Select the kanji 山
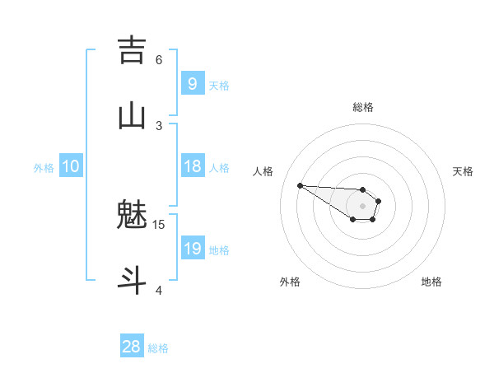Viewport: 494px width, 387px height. click(132, 115)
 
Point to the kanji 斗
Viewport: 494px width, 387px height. click(132, 279)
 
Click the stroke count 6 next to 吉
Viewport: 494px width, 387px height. click(159, 59)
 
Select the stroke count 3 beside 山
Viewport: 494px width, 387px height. click(159, 125)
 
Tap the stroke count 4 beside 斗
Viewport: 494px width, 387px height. click(159, 290)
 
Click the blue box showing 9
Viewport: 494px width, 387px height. click(192, 83)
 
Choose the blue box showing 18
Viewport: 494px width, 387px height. click(192, 166)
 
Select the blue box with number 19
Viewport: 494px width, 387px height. click(192, 249)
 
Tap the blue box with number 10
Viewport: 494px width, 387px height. click(71, 166)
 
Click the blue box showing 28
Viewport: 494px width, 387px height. click(132, 347)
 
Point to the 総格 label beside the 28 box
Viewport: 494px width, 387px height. click(158, 348)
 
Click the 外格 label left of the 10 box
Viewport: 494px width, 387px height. click(44, 168)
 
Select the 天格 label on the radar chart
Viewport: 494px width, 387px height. click(463, 171)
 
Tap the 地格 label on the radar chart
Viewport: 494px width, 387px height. click(431, 282)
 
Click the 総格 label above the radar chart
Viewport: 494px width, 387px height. click(363, 107)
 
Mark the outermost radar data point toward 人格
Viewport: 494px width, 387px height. click(300, 185)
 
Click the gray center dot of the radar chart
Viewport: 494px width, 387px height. click(362, 206)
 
